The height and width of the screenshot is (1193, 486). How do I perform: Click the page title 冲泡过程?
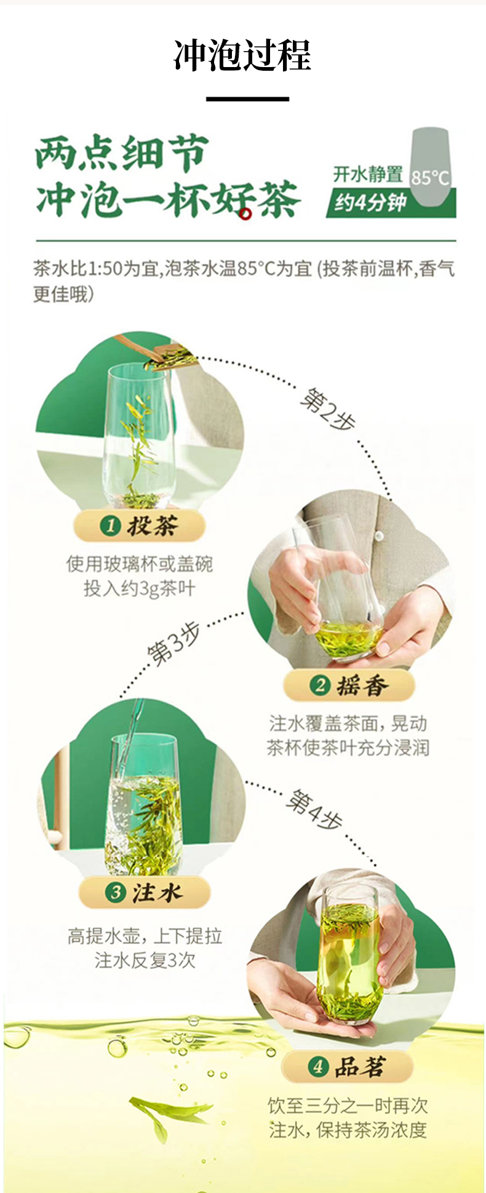point(242,55)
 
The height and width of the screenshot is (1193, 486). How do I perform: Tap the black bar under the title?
point(247,98)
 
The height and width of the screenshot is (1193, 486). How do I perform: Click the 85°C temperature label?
point(430,178)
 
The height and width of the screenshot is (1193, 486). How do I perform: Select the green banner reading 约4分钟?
point(391,203)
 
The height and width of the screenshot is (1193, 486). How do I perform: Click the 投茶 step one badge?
point(140,525)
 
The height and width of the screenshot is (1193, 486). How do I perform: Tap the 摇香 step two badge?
point(349,685)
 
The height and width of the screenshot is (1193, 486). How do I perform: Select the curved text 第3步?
point(174,644)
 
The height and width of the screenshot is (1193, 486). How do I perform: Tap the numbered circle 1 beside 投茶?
point(110,526)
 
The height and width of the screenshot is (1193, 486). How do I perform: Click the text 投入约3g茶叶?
point(140,589)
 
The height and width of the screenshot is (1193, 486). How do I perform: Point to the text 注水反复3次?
point(145,960)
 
